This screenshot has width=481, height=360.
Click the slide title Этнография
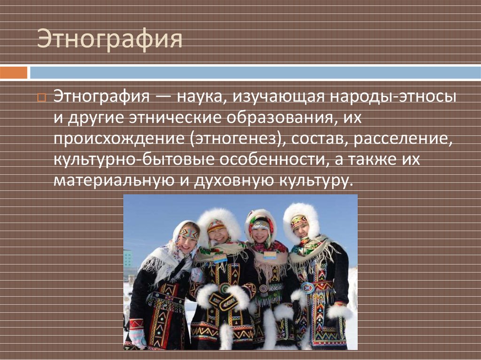110,39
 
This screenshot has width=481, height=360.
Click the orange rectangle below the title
14,73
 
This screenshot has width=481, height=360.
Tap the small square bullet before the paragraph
41,98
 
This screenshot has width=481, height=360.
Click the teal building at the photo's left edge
128,258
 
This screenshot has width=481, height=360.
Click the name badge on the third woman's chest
270,255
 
